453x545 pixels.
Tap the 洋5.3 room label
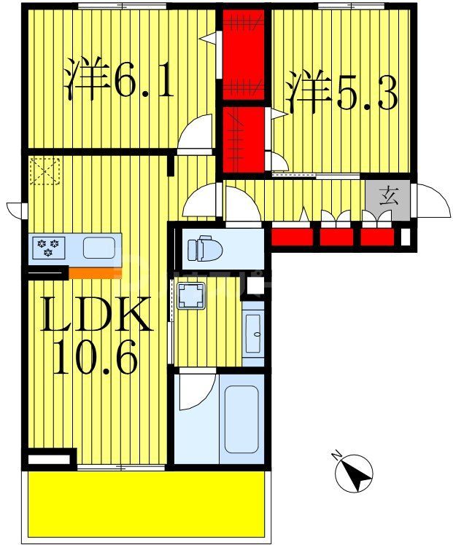pyautogui.click(x=341, y=90)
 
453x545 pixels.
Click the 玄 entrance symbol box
pyautogui.click(x=390, y=197)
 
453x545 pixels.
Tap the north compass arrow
pyautogui.click(x=355, y=473)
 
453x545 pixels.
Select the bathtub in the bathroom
pyautogui.click(x=241, y=419)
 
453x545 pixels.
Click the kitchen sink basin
pyautogui.click(x=98, y=248)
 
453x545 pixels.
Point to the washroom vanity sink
pyautogui.click(x=253, y=332)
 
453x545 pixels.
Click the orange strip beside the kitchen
pyautogui.click(x=92, y=272)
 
